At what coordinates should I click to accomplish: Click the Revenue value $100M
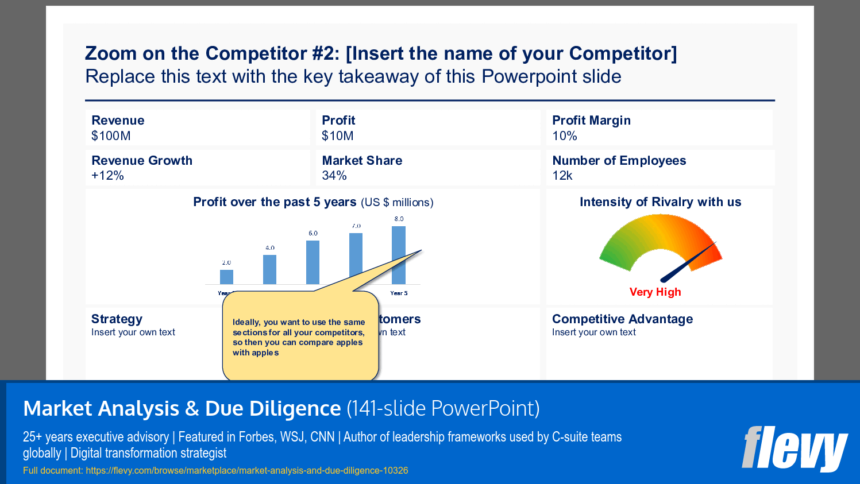pyautogui.click(x=111, y=136)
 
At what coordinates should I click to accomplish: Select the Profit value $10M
pyautogui.click(x=338, y=136)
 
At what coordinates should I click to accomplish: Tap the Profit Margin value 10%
pyautogui.click(x=565, y=136)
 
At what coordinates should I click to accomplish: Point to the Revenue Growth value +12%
pyautogui.click(x=107, y=176)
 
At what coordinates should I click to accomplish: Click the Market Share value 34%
pyautogui.click(x=334, y=176)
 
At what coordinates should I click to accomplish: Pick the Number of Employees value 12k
pyautogui.click(x=562, y=176)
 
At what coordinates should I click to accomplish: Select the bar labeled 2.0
pyautogui.click(x=226, y=277)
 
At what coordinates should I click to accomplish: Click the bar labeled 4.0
pyautogui.click(x=269, y=269)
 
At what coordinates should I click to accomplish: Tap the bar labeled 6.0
pyautogui.click(x=313, y=262)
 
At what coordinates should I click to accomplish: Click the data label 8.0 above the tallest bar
pyautogui.click(x=399, y=219)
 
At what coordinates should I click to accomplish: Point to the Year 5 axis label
pyautogui.click(x=399, y=293)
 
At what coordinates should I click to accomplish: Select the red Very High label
pyautogui.click(x=655, y=292)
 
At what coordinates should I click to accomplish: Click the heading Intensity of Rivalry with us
pyautogui.click(x=660, y=202)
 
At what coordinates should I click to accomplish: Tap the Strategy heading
pyautogui.click(x=117, y=319)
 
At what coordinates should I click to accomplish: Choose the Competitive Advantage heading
pyautogui.click(x=622, y=319)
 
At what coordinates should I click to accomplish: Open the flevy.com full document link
pyautogui.click(x=247, y=471)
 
